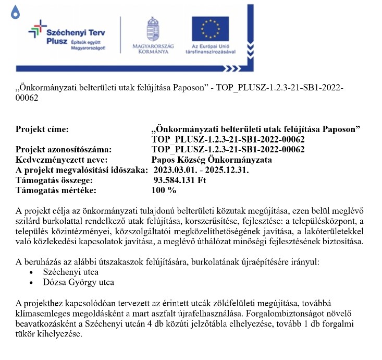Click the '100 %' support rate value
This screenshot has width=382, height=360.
pyautogui.click(x=164, y=190)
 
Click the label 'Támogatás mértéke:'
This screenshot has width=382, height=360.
pyautogui.click(x=56, y=190)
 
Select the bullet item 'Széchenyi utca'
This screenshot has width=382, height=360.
pyautogui.click(x=71, y=272)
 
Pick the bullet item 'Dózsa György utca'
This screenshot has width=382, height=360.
pyautogui.click(x=79, y=282)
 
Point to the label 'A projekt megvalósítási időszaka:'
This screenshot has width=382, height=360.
pyautogui.click(x=83, y=170)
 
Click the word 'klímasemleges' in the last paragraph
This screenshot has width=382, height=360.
pyautogui.click(x=41, y=314)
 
